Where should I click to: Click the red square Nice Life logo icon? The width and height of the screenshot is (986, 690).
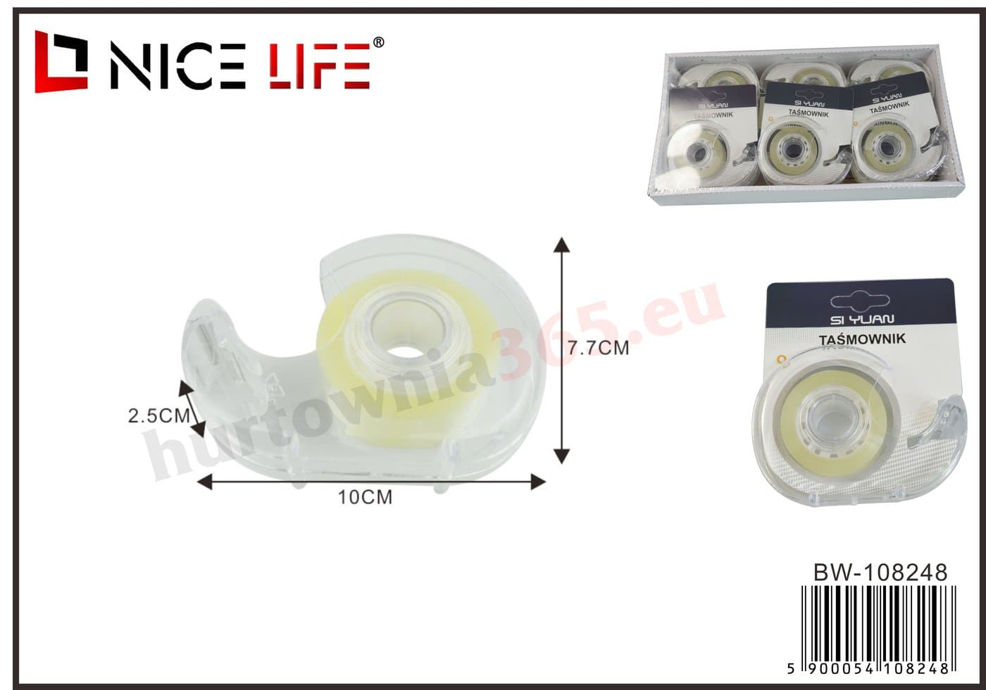tap(61, 62)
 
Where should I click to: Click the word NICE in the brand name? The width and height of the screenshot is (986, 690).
tap(177, 66)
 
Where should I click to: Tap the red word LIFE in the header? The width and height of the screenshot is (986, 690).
tap(320, 66)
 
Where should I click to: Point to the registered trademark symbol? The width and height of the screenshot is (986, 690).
tap(379, 42)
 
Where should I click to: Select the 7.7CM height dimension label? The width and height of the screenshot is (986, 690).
tap(598, 348)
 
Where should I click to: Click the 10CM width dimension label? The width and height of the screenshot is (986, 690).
tap(365, 497)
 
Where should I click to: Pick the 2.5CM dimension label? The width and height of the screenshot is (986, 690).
tap(159, 416)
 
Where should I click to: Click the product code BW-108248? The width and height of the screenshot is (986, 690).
tap(880, 572)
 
